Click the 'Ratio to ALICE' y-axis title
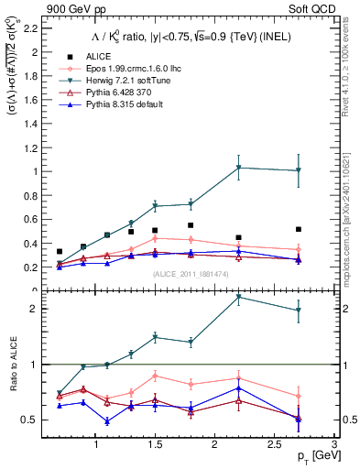13,365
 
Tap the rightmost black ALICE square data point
299,229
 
